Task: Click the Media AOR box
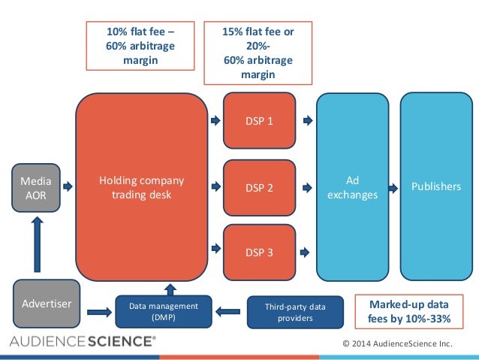click(36, 188)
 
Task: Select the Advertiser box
click(47, 304)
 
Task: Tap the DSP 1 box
click(259, 120)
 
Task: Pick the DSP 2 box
click(259, 187)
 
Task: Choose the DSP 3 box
click(259, 253)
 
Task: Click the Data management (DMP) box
click(164, 311)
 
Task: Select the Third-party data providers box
click(295, 312)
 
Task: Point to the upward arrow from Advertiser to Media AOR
click(38, 244)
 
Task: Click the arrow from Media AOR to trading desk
click(68, 186)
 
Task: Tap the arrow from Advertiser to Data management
click(99, 313)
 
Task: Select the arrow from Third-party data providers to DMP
click(227, 312)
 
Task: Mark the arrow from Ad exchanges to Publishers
click(393, 188)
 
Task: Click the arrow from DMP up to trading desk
click(170, 289)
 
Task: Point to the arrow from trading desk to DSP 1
click(215, 120)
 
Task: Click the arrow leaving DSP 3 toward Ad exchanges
click(305, 253)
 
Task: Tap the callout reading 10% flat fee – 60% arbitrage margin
click(140, 46)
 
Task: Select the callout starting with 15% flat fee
click(258, 53)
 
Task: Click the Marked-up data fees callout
click(409, 312)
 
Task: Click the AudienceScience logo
click(83, 341)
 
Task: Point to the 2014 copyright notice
click(397, 343)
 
